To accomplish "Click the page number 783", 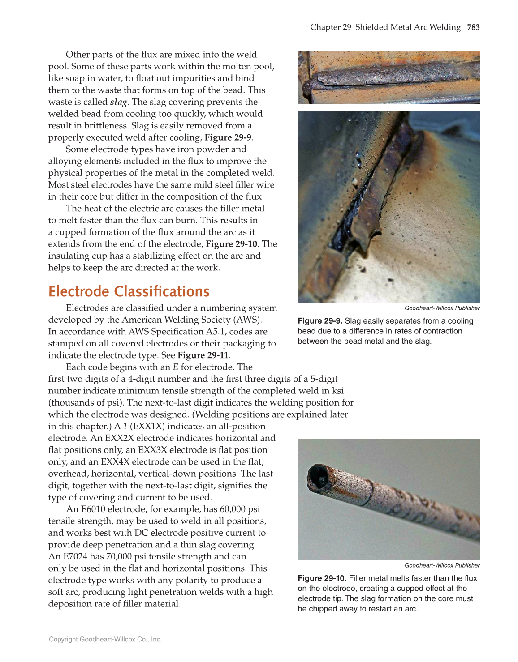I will point(473,27).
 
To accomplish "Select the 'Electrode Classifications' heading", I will point(129,291).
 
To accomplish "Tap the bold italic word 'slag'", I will point(118,102).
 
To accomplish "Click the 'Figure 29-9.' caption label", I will point(320,321).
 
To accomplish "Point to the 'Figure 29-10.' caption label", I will point(322,578).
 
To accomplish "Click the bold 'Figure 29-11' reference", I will point(203,355).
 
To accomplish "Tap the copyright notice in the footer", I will point(105,639).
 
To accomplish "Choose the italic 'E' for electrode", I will point(176,367).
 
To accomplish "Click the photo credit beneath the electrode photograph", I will point(442,565).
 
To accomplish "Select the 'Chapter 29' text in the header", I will point(331,27).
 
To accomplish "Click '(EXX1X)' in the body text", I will point(147,427).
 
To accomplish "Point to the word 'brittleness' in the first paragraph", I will point(99,126).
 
